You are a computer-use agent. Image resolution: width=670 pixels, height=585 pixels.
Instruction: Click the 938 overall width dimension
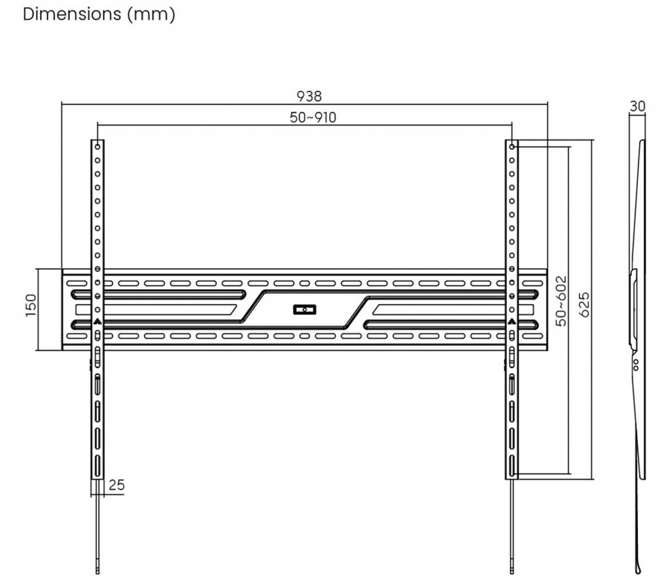(309, 96)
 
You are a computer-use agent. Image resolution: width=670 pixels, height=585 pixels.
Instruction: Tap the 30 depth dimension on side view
(637, 106)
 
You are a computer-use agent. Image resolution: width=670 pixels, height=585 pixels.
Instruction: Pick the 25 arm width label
(116, 485)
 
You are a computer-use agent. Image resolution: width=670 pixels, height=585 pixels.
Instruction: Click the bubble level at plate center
(305, 309)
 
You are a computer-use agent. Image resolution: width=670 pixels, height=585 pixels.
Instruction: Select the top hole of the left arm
(97, 146)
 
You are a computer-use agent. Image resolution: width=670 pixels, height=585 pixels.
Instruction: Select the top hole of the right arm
(512, 146)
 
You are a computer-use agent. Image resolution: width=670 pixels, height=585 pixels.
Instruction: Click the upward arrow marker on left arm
(97, 322)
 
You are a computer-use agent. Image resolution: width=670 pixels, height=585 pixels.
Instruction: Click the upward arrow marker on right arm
(512, 322)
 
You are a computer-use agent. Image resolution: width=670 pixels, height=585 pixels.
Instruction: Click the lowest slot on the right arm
(512, 466)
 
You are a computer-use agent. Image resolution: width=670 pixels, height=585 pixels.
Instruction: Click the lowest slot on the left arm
(97, 466)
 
